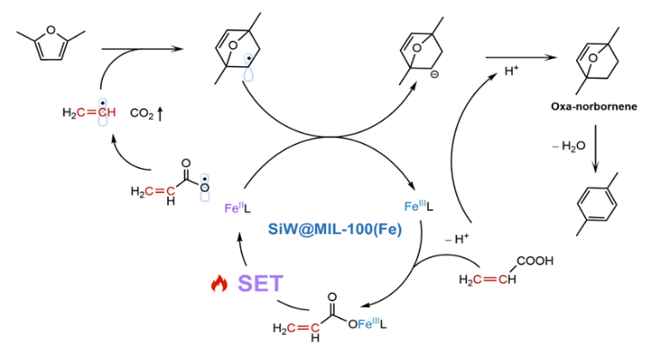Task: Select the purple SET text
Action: pos(260,284)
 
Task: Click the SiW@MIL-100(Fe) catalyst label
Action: pos(333,227)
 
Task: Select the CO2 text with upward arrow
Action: pos(148,113)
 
